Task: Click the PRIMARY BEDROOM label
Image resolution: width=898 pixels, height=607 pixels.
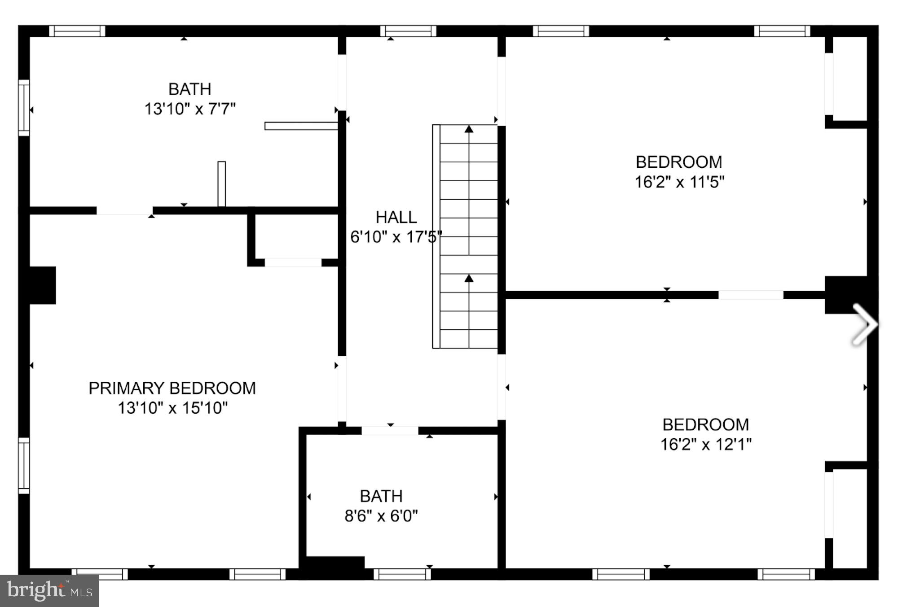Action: click(172, 388)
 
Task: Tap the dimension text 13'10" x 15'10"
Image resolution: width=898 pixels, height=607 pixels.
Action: click(172, 408)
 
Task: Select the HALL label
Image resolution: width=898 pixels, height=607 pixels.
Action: click(396, 217)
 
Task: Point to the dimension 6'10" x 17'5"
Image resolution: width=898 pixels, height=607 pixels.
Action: click(396, 237)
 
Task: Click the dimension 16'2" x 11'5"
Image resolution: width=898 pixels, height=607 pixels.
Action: click(679, 182)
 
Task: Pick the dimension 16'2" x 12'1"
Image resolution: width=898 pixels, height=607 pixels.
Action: click(705, 444)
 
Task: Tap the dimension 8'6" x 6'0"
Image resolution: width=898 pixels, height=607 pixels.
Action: click(381, 516)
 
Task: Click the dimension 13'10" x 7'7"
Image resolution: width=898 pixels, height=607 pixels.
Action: click(189, 109)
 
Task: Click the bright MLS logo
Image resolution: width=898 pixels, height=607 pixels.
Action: click(49, 590)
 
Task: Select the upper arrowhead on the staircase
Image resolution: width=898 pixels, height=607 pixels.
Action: click(469, 129)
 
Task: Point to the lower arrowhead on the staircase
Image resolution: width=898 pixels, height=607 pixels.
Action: click(469, 279)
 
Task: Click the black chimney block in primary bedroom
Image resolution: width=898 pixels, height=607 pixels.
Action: click(42, 285)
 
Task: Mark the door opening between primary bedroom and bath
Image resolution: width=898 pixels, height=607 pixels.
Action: click(124, 211)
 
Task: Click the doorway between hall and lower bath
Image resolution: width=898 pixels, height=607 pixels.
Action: click(390, 431)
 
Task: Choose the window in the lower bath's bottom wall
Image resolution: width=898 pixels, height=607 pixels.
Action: click(402, 574)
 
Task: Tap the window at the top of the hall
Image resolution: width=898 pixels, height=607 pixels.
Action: click(408, 31)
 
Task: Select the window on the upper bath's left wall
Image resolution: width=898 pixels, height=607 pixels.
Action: click(24, 108)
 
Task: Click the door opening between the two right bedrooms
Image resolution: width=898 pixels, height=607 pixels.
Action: click(750, 295)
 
